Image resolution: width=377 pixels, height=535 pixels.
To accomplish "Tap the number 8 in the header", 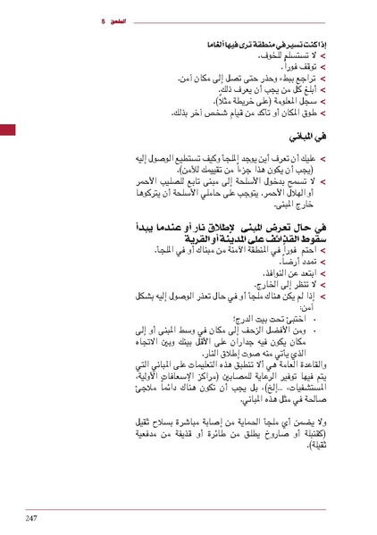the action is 105,20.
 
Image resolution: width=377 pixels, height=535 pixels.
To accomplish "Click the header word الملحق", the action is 122,20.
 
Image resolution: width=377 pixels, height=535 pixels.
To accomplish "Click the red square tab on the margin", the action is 6,131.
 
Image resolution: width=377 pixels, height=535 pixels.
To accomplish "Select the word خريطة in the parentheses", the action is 236,103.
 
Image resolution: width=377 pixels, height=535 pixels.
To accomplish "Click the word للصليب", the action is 175,185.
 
